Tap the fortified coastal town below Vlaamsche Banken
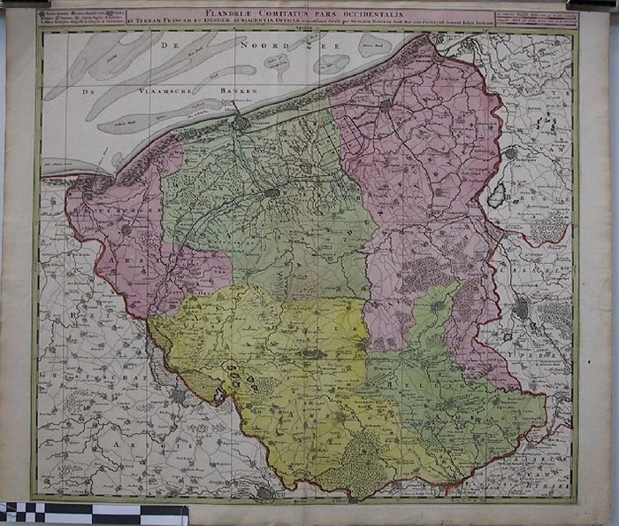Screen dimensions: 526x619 tap(241, 123)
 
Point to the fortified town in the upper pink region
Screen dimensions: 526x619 tap(386, 104)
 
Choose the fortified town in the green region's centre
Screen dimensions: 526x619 tap(272, 191)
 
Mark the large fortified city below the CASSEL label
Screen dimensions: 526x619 tap(522, 307)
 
